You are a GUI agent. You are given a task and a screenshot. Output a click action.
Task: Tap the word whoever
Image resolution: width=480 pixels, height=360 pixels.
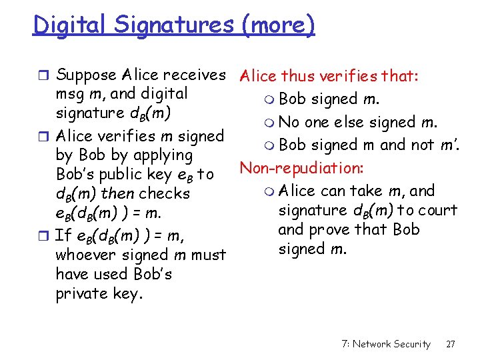(x=84, y=255)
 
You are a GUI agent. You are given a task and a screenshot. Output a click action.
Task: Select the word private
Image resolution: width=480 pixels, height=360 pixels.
(x=82, y=293)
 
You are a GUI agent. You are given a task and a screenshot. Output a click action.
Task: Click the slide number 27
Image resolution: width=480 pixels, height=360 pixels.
(x=451, y=344)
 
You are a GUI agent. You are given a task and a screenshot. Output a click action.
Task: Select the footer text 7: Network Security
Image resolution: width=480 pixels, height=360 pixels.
(x=385, y=344)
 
